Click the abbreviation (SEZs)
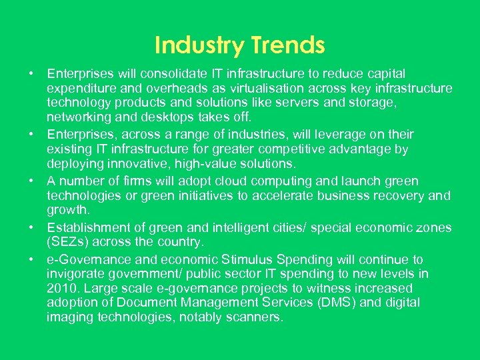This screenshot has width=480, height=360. (x=68, y=242)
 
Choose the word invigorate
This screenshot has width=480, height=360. (x=75, y=274)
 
